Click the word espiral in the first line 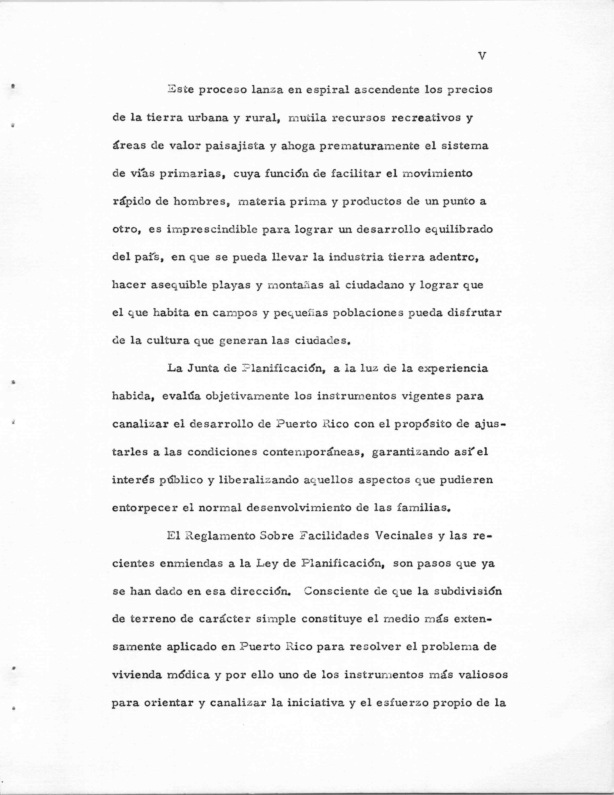point(326,90)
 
